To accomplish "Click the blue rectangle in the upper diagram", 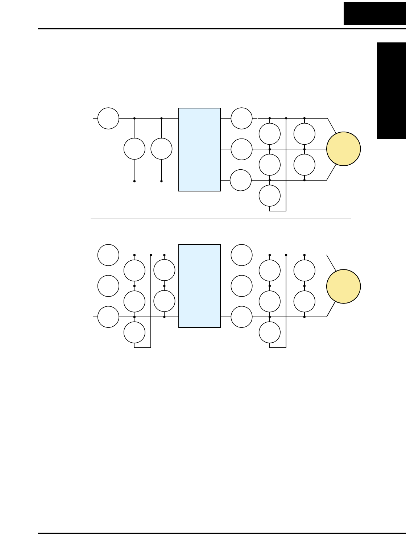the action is coord(199,149).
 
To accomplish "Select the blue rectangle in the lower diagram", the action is coord(199,286).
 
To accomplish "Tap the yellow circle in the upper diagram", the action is coord(343,149).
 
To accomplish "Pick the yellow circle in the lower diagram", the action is coord(343,286).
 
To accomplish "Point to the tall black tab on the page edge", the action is coord(391,91).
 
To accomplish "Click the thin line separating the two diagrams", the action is coord(220,219).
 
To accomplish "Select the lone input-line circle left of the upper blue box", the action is coord(108,118).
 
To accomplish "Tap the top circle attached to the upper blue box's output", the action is coord(241,118).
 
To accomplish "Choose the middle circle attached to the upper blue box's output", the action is coord(241,149).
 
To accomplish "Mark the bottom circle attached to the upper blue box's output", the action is coord(241,180).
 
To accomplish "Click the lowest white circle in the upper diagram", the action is coord(270,196).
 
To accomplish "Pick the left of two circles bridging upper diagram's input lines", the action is coord(134,149).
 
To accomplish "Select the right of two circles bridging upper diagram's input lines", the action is coord(161,149).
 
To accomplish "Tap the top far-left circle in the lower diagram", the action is coord(108,255).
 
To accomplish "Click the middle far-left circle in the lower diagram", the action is coord(108,286).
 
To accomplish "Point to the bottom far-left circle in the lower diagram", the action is coord(108,317).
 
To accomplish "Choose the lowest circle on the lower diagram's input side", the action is coord(134,332).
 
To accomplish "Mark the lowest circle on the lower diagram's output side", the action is coord(270,332).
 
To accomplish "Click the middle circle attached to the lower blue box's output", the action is coord(241,286).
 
